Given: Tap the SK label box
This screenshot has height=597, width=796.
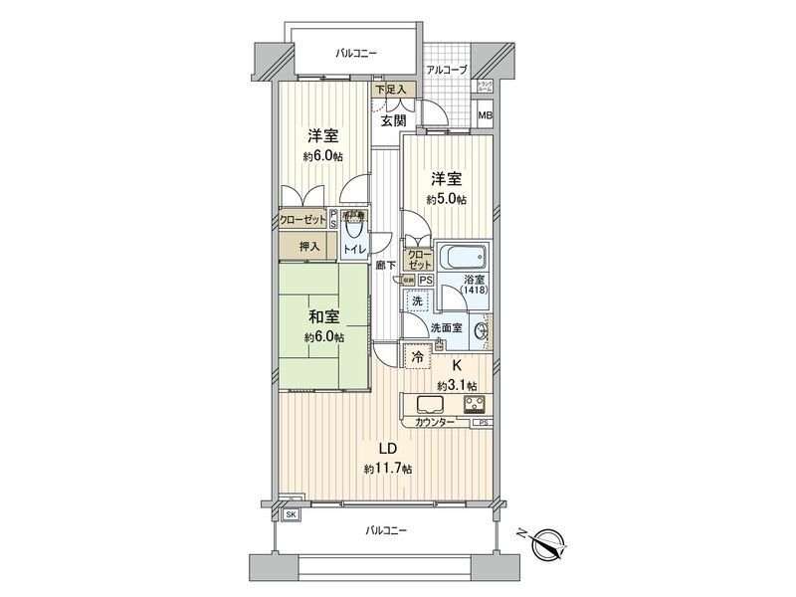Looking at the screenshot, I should [292, 513].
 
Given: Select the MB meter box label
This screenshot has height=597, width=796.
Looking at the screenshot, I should [485, 116].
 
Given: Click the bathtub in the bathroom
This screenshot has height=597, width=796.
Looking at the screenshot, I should [462, 259].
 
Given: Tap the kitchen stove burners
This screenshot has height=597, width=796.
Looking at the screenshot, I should [473, 405].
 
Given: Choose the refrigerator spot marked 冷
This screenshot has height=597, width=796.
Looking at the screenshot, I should [415, 354].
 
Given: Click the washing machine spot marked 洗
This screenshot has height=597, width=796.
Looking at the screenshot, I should [418, 299].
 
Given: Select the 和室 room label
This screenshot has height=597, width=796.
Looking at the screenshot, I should [324, 317].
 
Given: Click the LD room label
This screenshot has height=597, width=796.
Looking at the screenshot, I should [383, 448].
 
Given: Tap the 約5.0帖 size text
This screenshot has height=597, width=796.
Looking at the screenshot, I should [446, 199].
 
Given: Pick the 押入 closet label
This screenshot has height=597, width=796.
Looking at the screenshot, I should [309, 247].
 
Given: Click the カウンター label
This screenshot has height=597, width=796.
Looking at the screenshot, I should [434, 424].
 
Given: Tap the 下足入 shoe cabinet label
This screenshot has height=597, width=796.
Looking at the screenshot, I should [390, 90].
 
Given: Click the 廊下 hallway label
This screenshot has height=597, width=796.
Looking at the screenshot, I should [386, 265].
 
